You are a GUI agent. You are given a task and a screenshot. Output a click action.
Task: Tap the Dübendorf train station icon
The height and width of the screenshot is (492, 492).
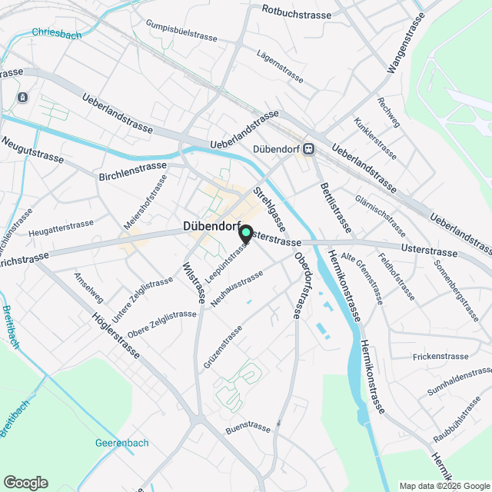coord(308,149)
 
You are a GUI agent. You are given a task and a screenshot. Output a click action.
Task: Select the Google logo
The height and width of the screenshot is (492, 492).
coord(25,483)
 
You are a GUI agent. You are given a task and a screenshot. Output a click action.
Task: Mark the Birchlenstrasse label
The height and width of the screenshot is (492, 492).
coord(133,171)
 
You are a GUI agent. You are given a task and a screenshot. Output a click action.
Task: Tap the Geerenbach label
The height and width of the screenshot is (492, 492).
coord(121,443)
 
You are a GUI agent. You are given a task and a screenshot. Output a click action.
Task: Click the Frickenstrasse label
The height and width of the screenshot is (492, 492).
coord(440,357)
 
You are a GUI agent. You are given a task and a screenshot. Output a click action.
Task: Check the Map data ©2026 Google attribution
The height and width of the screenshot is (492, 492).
coord(444,485)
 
